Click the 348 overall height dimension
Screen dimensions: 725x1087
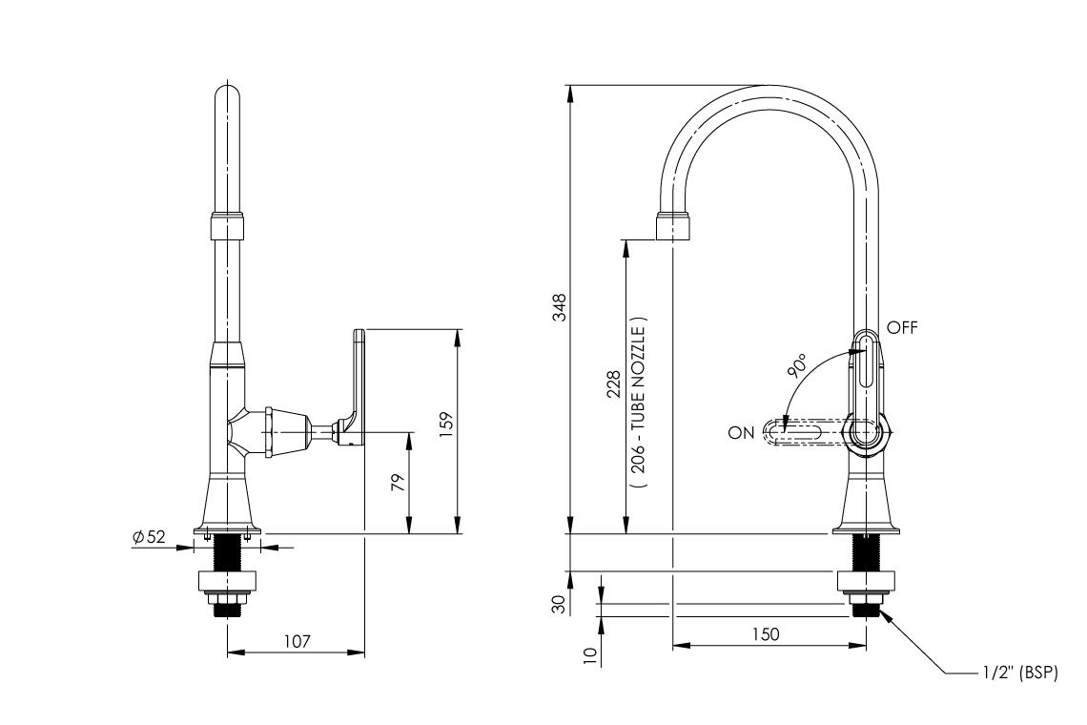[562, 309]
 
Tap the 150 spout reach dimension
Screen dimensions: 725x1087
[767, 634]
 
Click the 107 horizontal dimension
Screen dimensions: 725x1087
[297, 641]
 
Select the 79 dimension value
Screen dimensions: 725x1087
[399, 481]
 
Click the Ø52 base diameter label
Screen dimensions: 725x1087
[149, 537]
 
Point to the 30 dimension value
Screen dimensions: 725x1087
[561, 603]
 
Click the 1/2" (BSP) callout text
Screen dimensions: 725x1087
[1019, 673]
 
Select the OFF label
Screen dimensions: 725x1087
[902, 327]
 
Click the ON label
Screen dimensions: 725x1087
[741, 433]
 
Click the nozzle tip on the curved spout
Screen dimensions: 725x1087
[672, 227]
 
